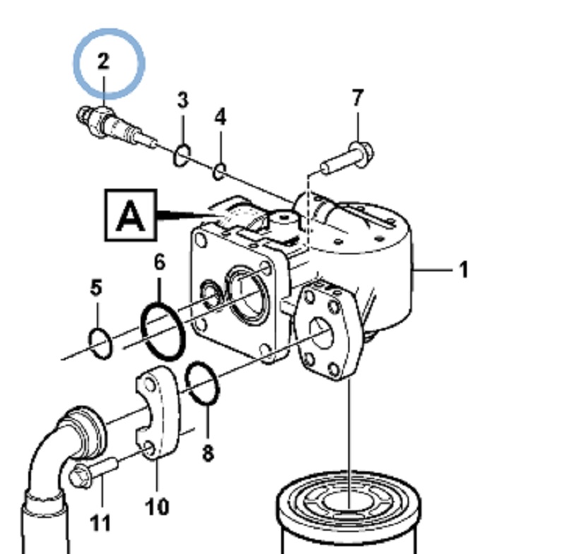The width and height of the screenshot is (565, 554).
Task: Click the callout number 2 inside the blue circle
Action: (x=104, y=62)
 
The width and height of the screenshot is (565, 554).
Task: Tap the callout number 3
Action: (x=183, y=100)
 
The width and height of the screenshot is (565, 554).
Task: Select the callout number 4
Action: (x=220, y=117)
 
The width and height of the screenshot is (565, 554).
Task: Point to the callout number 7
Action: (x=357, y=98)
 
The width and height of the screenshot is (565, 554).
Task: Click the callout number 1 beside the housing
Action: (x=463, y=270)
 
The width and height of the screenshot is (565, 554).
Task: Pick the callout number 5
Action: (x=96, y=288)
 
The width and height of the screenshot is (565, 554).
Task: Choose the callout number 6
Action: (x=160, y=263)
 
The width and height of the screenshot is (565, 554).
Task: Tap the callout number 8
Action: (x=208, y=452)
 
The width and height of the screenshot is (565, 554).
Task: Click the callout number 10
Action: (x=157, y=506)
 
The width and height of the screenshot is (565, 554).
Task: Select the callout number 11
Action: (x=101, y=523)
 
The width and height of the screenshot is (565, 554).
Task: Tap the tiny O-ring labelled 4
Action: (x=220, y=170)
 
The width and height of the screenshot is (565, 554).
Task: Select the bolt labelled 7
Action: (x=349, y=158)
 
